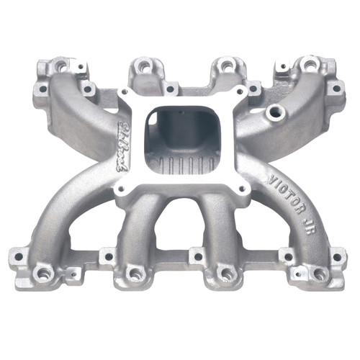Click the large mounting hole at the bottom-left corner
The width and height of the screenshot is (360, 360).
[x=44, y=274]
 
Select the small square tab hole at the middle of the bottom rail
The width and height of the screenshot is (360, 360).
[x=196, y=255]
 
